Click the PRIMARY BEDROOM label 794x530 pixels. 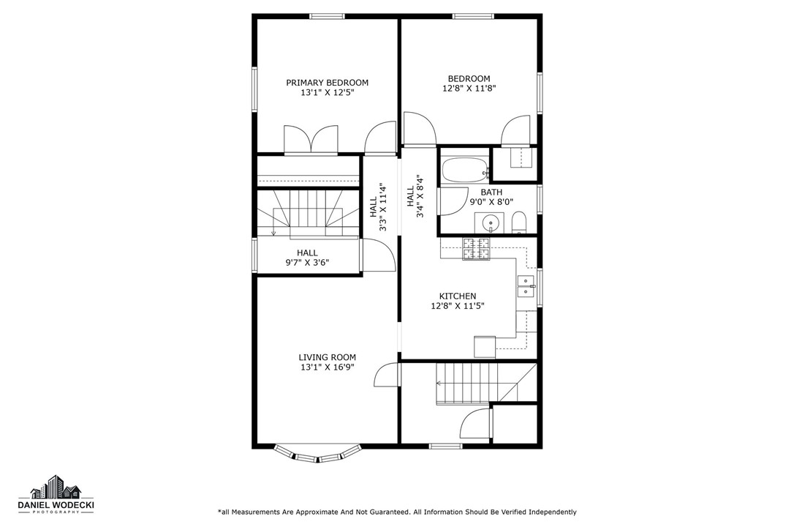(x=327, y=83)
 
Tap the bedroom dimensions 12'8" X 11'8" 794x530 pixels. (x=469, y=89)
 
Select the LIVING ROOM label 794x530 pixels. (x=327, y=357)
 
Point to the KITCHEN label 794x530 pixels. (x=458, y=296)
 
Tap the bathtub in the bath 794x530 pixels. (x=466, y=171)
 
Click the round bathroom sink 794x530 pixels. (x=489, y=222)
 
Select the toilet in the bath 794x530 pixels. (x=519, y=223)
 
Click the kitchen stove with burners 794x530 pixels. (x=476, y=249)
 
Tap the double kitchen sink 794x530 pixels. (x=526, y=286)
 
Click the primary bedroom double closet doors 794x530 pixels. (x=311, y=140)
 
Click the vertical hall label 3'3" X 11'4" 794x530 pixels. (x=378, y=212)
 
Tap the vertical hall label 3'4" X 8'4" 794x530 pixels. (x=415, y=195)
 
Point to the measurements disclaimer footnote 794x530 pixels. (x=397, y=512)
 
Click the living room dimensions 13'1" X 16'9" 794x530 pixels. (x=327, y=367)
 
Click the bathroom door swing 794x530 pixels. (x=451, y=201)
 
